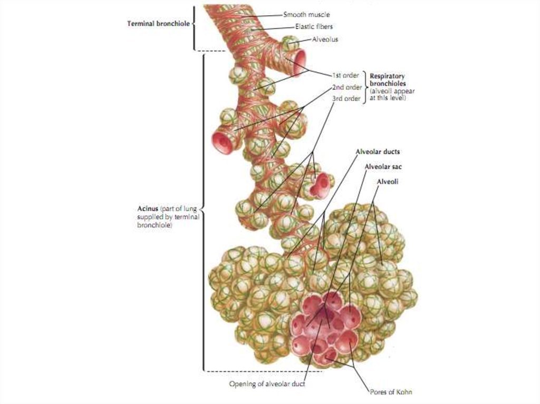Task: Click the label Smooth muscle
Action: point(306,14)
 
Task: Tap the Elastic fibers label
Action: point(314,26)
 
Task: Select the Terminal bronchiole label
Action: point(158,24)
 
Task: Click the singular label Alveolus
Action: point(325,39)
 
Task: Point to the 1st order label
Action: point(345,75)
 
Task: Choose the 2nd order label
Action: point(347,87)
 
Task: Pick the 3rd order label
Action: point(346,98)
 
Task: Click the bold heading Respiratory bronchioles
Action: point(388,80)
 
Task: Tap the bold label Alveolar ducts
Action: point(378,151)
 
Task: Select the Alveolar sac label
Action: point(383,166)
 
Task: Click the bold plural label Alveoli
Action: point(388,181)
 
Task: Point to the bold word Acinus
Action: point(148,209)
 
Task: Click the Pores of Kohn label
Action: point(391,391)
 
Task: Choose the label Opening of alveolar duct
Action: point(267,383)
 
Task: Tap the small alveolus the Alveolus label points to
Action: point(291,44)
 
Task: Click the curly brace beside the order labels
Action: point(365,87)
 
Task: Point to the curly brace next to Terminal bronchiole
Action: point(193,27)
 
